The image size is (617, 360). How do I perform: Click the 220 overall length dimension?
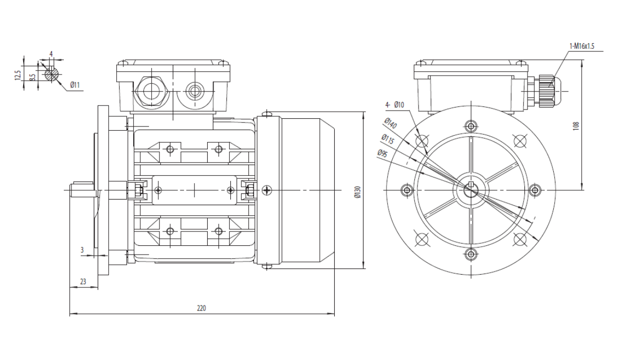click(202, 308)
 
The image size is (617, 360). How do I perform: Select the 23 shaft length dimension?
click(83, 281)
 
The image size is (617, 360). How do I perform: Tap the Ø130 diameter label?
click(357, 192)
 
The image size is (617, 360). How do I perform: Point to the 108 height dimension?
click(576, 126)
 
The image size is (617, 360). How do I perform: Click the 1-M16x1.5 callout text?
click(582, 46)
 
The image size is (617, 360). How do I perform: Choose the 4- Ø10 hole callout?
click(395, 105)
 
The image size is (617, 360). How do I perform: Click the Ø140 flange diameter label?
click(391, 123)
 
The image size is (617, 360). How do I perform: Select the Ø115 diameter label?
click(388, 139)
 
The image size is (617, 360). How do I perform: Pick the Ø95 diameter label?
click(383, 153)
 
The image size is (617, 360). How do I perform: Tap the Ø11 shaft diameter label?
click(75, 85)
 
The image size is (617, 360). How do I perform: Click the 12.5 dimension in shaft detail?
click(17, 75)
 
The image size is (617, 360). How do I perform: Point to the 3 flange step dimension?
click(82, 250)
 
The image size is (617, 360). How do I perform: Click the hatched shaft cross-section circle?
click(52, 74)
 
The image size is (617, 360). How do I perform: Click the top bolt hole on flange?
click(471, 127)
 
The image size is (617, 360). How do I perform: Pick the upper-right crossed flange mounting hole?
click(520, 141)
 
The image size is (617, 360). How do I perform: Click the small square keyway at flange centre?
click(471, 184)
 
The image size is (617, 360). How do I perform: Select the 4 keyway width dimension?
click(51, 54)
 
